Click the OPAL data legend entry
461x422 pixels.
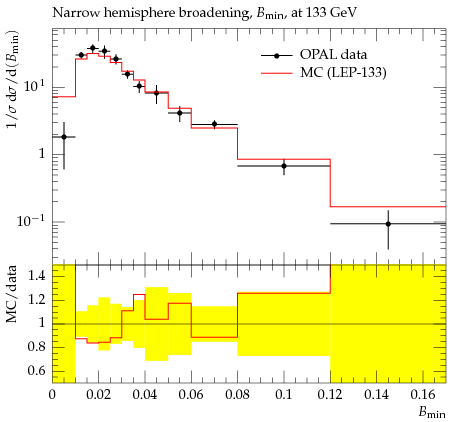[314, 55]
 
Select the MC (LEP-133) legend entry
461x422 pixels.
[323, 72]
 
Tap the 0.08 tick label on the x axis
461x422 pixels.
[237, 395]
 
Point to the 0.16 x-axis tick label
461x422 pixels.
[423, 395]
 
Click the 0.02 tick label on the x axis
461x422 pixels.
[98, 395]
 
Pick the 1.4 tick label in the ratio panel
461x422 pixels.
[37, 276]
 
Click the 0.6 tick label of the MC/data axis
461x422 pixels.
[37, 371]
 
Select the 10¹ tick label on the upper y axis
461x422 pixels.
[34, 87]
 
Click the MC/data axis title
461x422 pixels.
[12, 294]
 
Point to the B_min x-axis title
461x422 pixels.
[432, 413]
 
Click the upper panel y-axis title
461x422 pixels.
[12, 80]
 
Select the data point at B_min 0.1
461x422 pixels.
[284, 166]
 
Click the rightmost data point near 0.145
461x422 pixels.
[388, 224]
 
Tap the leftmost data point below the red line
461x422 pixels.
[64, 137]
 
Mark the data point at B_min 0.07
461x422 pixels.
[214, 124]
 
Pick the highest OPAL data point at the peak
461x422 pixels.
[93, 48]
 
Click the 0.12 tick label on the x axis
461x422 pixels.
[330, 395]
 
